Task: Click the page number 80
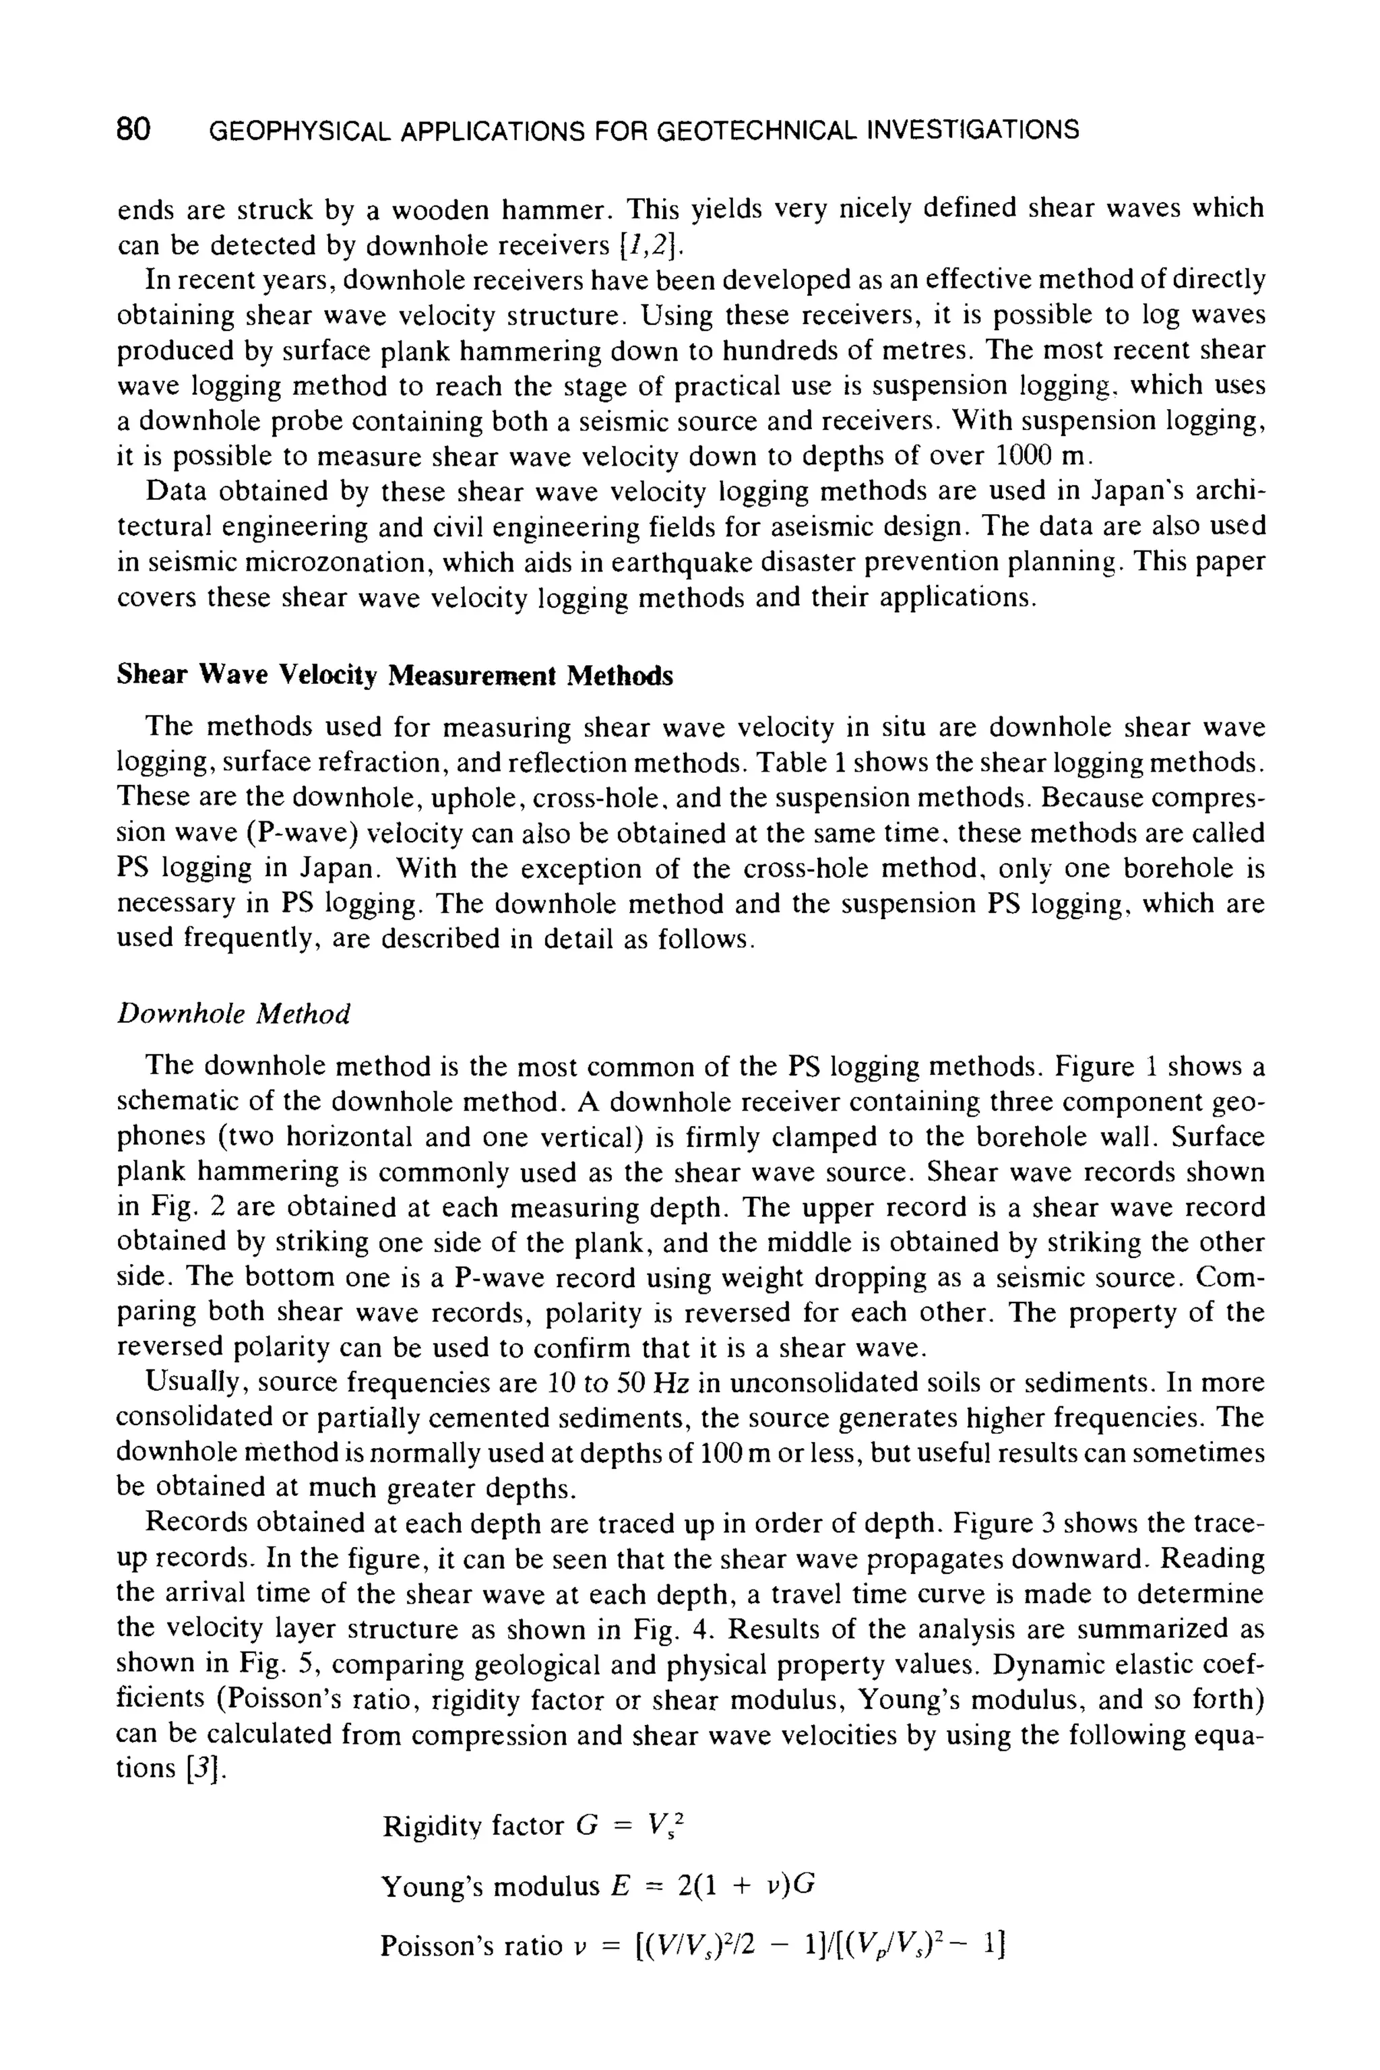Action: (x=134, y=130)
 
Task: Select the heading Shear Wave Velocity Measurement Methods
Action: (x=395, y=675)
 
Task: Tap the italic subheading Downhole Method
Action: (x=233, y=1014)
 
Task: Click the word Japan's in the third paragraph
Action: (x=1139, y=491)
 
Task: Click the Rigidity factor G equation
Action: (x=534, y=1827)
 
